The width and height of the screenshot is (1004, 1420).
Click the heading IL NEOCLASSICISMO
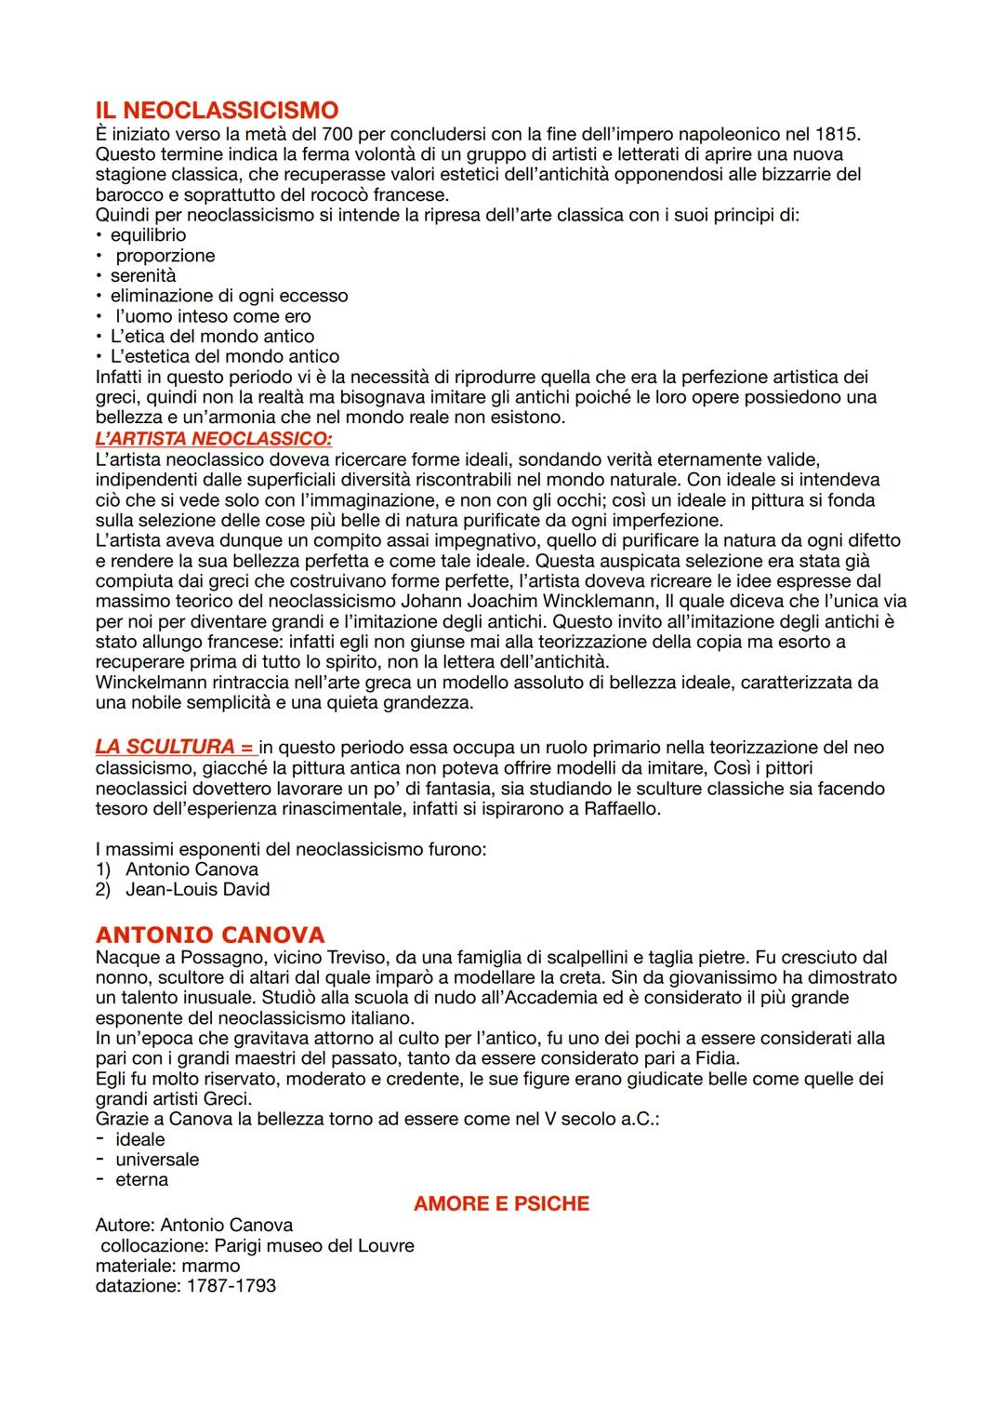[217, 111]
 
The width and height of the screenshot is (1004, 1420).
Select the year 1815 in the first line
[840, 133]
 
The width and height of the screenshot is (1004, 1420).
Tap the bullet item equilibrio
[148, 235]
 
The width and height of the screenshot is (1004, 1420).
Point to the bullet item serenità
[143, 276]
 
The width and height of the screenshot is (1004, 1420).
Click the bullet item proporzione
[165, 256]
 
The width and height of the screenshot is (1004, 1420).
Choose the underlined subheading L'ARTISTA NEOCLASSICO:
[214, 438]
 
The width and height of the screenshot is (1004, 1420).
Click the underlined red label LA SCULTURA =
[174, 747]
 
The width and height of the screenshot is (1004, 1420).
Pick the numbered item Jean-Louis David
[197, 890]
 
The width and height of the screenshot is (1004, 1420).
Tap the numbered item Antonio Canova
[192, 869]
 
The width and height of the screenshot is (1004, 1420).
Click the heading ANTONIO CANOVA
[210, 935]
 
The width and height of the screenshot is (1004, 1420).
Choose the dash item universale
[157, 1160]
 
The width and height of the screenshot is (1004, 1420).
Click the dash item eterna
[141, 1180]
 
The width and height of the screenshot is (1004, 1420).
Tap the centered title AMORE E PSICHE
[501, 1204]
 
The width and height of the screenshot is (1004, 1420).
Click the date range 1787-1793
[231, 1286]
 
